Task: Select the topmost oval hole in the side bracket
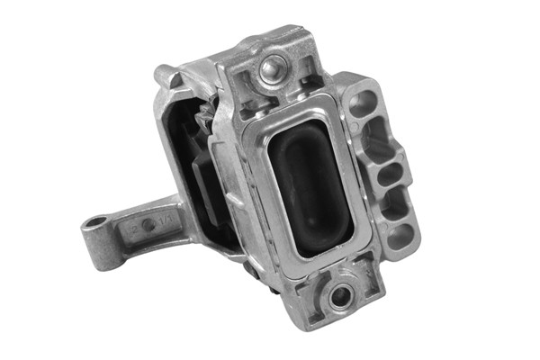pos(363,102)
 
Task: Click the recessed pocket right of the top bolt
pos(306,64)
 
